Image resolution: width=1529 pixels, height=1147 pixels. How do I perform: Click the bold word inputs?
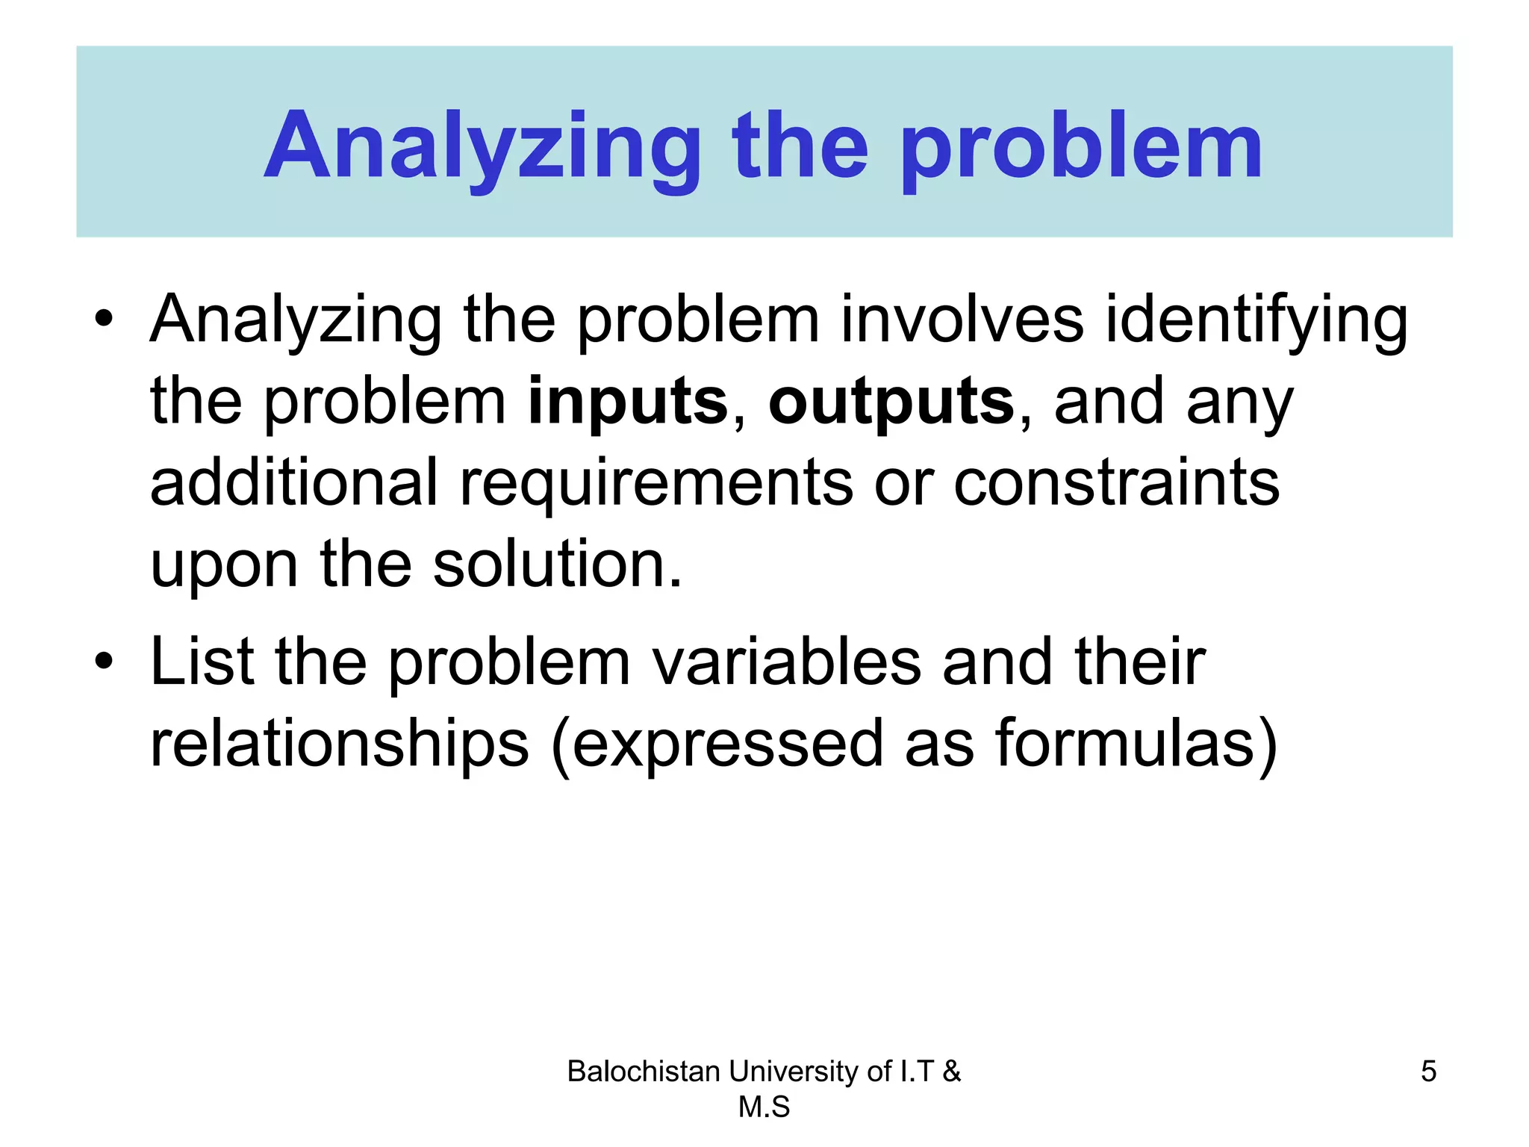(627, 402)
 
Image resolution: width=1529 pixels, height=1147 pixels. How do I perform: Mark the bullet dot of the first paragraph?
(104, 320)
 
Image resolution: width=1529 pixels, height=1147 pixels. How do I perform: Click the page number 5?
(1428, 1072)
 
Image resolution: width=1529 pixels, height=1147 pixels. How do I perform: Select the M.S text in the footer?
(764, 1107)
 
